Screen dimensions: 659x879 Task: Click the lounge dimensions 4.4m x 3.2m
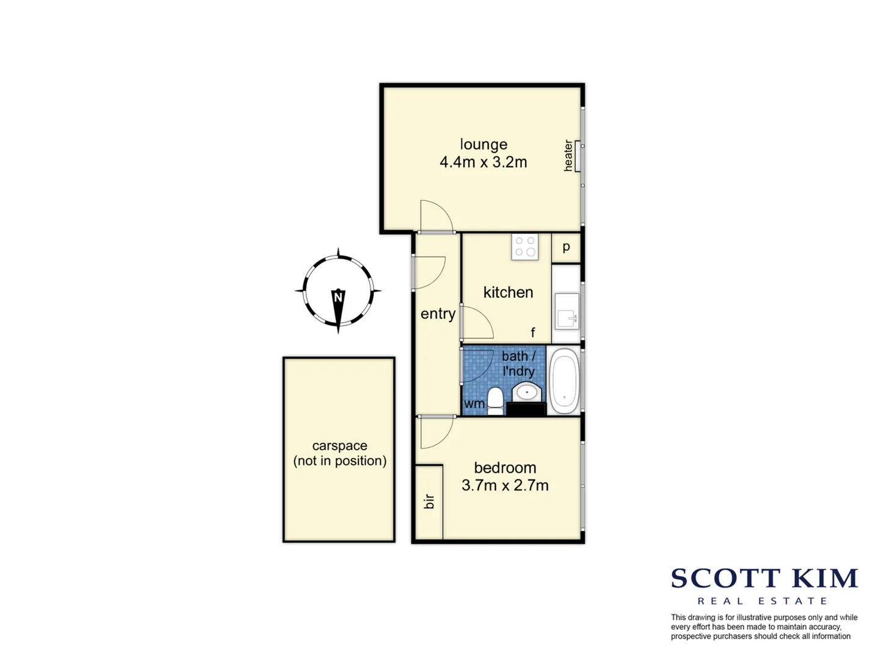coord(483,162)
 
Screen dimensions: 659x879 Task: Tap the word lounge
coord(483,145)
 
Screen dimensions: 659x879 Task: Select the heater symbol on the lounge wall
coord(577,156)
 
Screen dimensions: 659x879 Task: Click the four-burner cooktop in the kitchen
coord(525,247)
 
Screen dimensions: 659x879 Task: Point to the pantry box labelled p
coord(566,247)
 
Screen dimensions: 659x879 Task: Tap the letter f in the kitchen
coord(533,333)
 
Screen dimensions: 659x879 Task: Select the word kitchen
coord(508,292)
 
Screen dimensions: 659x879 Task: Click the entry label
coord(438,314)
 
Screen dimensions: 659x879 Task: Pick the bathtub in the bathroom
coord(564,381)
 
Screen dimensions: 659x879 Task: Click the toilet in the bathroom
coord(495,401)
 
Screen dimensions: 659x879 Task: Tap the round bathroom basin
coord(526,391)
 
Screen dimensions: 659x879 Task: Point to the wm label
coord(474,404)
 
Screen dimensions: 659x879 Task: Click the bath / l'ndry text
coord(518,364)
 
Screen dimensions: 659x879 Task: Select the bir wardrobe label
coord(430,502)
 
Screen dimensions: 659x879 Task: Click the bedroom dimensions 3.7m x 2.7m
coord(505,486)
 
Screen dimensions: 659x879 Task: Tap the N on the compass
coord(338,297)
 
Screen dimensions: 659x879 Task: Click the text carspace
coord(339,446)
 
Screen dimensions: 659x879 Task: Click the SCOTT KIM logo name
coord(764,578)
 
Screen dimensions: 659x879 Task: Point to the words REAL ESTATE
coord(762,601)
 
